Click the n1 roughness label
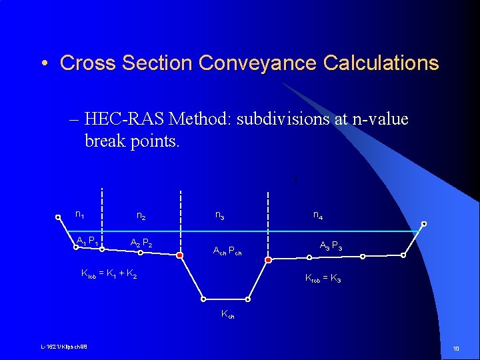(79, 215)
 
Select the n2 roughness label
(141, 215)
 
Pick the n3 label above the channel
(219, 215)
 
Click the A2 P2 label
(141, 243)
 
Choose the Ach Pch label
(227, 251)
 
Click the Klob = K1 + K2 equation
(109, 273)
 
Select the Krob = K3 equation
(323, 278)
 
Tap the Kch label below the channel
(227, 315)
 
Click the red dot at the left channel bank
(180, 254)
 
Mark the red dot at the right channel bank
(268, 259)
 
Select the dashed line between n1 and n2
(101, 220)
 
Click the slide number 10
(456, 349)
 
